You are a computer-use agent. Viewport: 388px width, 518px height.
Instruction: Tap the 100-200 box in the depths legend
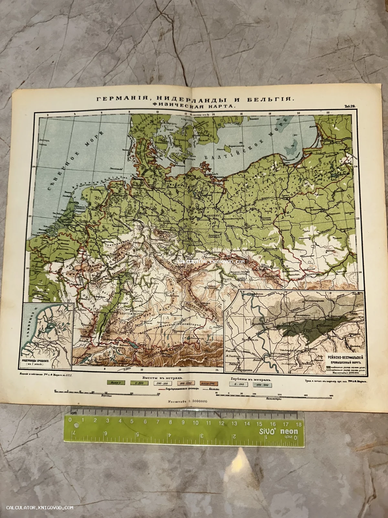[263, 385]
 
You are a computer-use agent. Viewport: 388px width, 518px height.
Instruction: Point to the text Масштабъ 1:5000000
[187, 401]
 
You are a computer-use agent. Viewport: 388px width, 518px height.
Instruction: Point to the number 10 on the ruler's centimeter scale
[195, 423]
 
